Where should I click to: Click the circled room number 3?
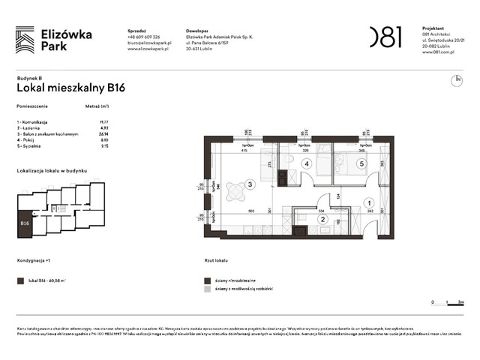point(250,184)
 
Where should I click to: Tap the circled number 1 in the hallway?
point(368,202)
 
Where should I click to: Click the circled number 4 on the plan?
point(306,163)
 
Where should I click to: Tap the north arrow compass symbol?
point(456,79)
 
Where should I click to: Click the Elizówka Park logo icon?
point(25,40)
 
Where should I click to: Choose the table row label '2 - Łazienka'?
point(33,127)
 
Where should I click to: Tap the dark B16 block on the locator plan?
point(25,223)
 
